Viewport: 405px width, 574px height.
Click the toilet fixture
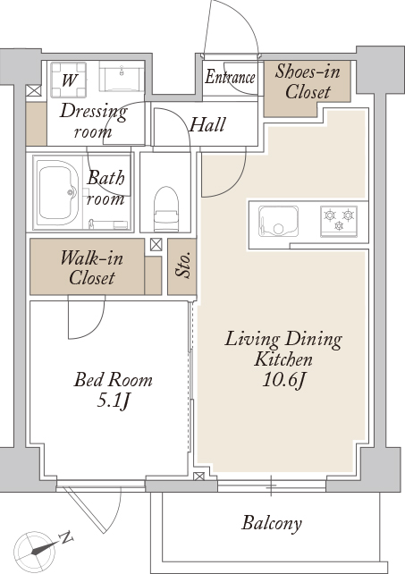[166, 209]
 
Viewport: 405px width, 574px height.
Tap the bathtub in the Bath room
[59, 193]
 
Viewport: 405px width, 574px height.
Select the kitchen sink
[278, 221]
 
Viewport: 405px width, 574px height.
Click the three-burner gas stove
[339, 221]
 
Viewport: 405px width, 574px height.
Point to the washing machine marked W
[69, 80]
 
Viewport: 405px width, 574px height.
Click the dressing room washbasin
[122, 77]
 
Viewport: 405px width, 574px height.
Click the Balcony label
[272, 523]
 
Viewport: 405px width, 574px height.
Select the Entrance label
[230, 77]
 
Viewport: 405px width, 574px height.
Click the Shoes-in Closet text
[308, 81]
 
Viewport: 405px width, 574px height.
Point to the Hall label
[207, 125]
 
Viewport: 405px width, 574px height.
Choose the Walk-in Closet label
[91, 268]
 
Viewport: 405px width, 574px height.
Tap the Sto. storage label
[182, 264]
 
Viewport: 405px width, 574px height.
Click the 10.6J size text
[283, 381]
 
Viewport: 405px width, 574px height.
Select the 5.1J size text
[114, 401]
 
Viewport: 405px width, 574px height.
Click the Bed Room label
[114, 380]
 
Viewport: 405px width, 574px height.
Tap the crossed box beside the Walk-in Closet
[156, 245]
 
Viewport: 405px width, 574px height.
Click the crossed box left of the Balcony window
[198, 477]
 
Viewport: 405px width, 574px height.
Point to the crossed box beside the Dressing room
[34, 90]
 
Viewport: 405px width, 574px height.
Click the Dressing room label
[93, 121]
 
